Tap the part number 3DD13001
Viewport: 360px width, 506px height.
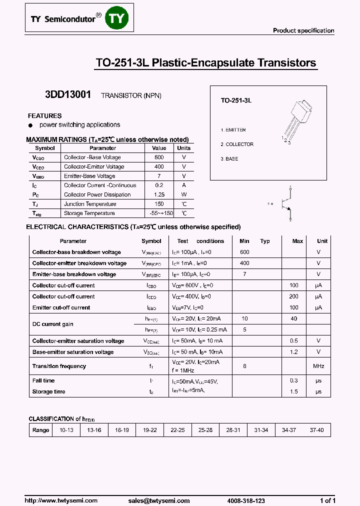[x=68, y=94]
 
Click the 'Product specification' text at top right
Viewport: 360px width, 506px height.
[x=303, y=30]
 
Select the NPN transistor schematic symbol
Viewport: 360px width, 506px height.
[x=283, y=203]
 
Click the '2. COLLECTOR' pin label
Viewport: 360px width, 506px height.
[x=237, y=144]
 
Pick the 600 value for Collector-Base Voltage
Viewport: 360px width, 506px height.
[x=159, y=157]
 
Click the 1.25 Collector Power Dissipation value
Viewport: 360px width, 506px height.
[x=159, y=194]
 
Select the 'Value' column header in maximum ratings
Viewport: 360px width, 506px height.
[x=159, y=148]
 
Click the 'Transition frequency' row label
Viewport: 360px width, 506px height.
[x=59, y=366]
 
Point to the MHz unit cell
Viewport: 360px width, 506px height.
[x=318, y=366]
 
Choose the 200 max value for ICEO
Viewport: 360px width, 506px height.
[x=293, y=296]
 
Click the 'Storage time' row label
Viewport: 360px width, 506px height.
[x=49, y=391]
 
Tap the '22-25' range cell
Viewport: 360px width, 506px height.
[x=177, y=430]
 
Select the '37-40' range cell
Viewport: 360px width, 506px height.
[x=317, y=430]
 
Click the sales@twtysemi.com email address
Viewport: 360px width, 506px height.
[x=158, y=500]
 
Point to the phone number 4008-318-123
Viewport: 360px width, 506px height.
[x=246, y=500]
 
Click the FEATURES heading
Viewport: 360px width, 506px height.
[x=45, y=115]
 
